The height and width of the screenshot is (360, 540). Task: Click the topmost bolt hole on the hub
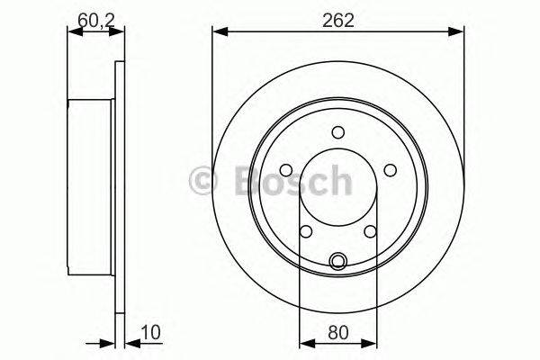pyautogui.click(x=337, y=132)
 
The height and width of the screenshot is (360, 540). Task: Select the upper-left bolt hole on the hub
pyautogui.click(x=285, y=169)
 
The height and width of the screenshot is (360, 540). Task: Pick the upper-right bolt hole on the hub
pyautogui.click(x=390, y=169)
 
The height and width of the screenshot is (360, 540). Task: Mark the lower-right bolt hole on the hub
pyautogui.click(x=370, y=231)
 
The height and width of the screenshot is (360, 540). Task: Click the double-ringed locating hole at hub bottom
pyautogui.click(x=337, y=262)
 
